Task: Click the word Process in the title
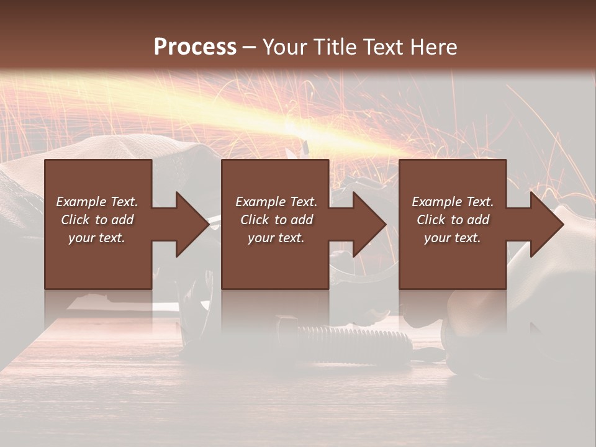click(x=195, y=47)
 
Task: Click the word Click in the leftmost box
click(x=76, y=220)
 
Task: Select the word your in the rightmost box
click(x=438, y=238)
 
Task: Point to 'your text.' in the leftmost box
click(x=97, y=238)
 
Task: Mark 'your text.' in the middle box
click(x=276, y=238)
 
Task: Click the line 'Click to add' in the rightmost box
click(x=453, y=220)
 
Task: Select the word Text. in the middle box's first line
click(x=303, y=202)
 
